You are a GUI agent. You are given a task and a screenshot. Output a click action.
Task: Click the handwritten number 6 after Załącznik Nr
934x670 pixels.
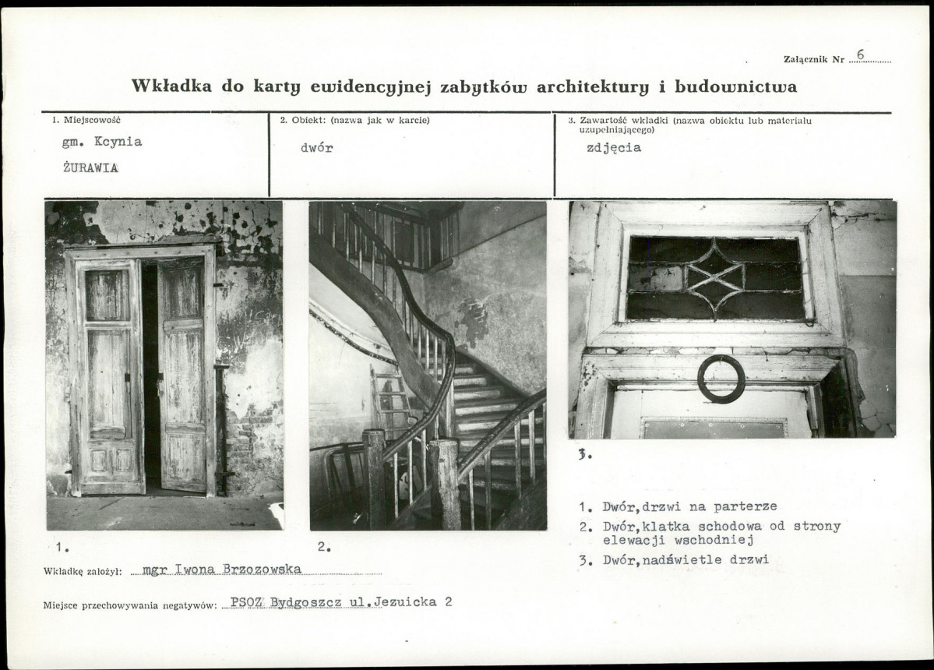point(861,55)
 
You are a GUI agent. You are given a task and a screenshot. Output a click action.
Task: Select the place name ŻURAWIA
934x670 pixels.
point(90,167)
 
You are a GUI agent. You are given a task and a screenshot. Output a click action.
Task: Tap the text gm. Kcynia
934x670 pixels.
point(102,143)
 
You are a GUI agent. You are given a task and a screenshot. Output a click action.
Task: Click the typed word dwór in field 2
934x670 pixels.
point(316,148)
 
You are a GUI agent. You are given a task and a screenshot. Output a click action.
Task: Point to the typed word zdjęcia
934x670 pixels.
point(614,148)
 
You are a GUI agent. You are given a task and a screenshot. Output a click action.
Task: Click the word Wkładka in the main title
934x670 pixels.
point(171,86)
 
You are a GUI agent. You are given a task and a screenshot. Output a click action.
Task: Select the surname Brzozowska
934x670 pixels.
point(262,569)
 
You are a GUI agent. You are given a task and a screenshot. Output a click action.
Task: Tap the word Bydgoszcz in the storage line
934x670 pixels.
point(305,602)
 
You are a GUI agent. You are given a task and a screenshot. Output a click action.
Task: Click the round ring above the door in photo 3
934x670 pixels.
point(721,379)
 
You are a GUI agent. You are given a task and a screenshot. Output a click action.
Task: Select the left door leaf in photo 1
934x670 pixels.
point(109,374)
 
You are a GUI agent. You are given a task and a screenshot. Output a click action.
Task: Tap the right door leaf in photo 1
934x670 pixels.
point(183,374)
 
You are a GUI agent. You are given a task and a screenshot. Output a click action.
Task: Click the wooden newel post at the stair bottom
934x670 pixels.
point(446,483)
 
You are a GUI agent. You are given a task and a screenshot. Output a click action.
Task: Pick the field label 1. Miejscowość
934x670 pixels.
point(86,120)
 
